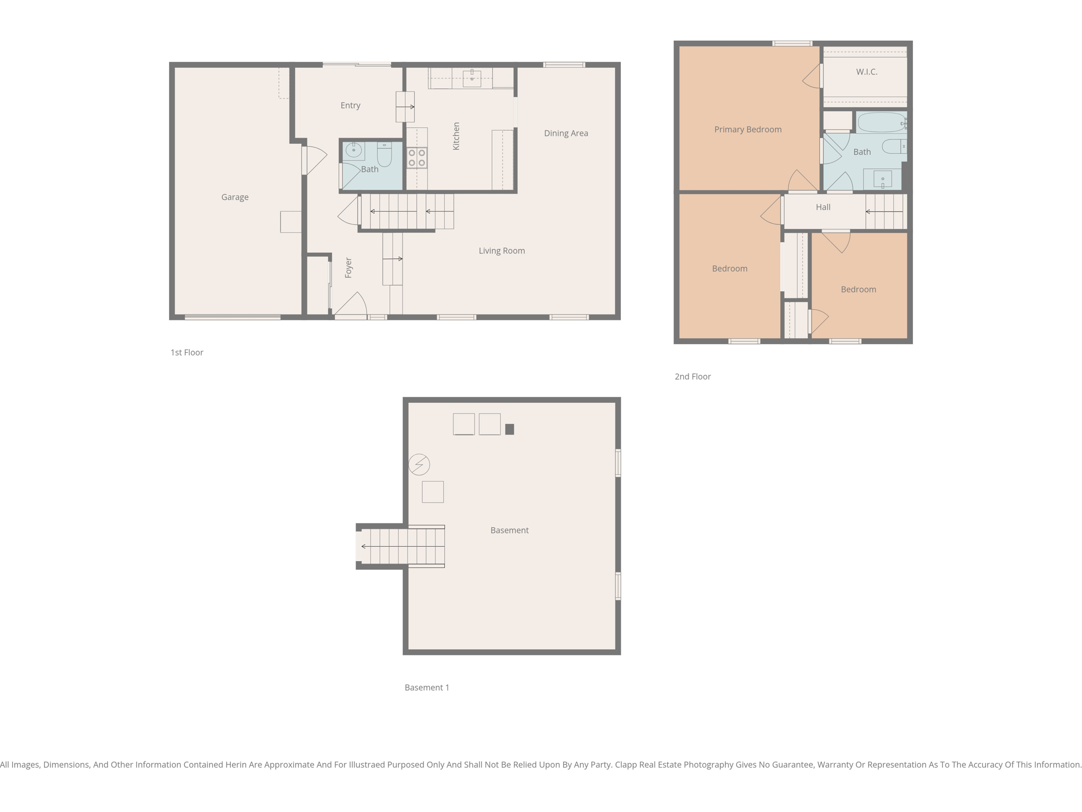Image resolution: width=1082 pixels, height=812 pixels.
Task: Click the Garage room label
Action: (235, 197)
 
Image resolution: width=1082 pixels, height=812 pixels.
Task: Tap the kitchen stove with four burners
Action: (416, 158)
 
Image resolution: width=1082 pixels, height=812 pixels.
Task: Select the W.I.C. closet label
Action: (866, 72)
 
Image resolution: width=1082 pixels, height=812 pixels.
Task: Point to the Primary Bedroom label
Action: (748, 130)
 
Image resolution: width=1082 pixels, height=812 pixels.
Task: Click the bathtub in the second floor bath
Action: (881, 123)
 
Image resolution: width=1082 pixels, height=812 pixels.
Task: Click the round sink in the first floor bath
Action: (353, 151)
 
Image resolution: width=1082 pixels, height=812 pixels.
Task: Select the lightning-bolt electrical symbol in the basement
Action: (419, 465)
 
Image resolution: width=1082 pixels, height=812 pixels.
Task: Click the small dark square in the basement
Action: (509, 429)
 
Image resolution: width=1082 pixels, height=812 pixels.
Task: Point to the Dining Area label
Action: (566, 133)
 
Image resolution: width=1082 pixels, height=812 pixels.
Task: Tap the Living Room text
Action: (501, 251)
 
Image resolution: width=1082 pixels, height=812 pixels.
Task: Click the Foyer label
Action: (348, 267)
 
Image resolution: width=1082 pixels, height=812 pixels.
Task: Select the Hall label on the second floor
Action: (823, 207)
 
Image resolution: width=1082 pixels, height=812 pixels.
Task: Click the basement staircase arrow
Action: (402, 546)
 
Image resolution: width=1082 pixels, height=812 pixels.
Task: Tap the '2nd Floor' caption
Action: (692, 376)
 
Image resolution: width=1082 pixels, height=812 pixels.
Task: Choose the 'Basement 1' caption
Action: (426, 687)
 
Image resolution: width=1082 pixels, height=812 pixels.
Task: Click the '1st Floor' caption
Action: (186, 353)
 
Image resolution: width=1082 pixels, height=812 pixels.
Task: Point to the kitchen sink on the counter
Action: (471, 78)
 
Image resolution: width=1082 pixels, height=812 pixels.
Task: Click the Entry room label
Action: (350, 106)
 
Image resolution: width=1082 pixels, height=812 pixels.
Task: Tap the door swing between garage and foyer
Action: (315, 159)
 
